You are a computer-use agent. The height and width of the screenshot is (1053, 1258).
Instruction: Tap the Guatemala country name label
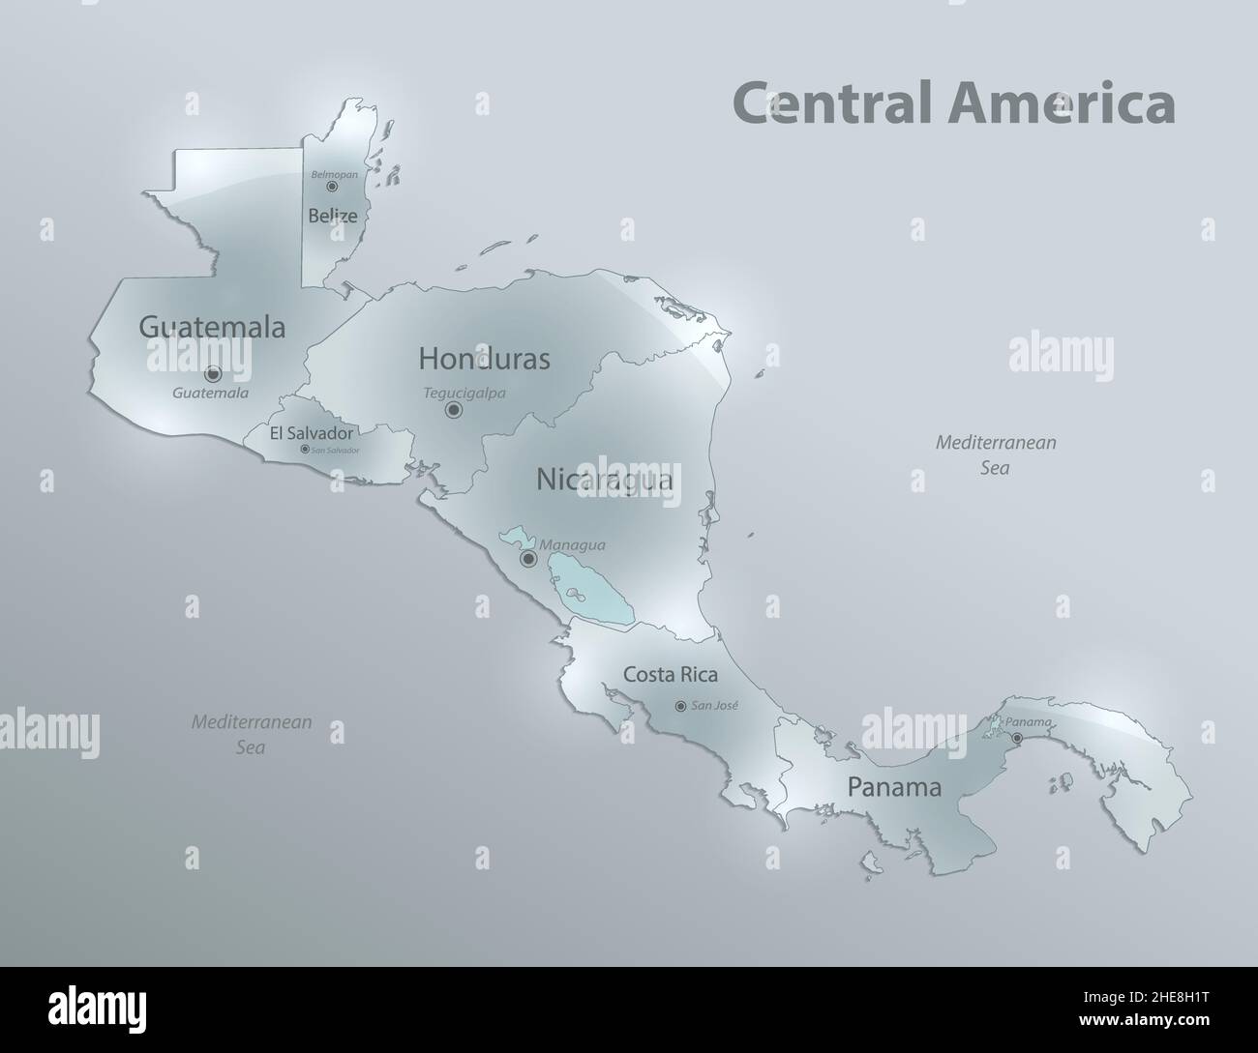[x=212, y=327]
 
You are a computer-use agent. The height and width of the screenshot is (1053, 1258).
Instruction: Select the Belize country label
[x=333, y=216]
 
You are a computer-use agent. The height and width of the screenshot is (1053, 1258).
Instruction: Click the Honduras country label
[x=484, y=359]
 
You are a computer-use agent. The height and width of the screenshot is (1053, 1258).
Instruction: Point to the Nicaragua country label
[x=605, y=479]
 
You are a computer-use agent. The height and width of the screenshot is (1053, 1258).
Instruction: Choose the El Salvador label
[x=311, y=433]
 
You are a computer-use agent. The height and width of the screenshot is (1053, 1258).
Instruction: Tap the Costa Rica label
[x=670, y=674]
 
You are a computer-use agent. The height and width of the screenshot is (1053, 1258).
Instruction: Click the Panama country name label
[x=894, y=787]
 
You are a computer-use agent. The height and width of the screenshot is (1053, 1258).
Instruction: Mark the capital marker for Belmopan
[x=331, y=187]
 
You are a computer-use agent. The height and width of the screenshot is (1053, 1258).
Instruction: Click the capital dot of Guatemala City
[x=213, y=373]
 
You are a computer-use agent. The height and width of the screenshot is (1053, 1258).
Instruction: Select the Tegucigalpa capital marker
[x=453, y=410]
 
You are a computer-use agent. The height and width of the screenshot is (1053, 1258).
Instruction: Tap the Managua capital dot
[x=528, y=559]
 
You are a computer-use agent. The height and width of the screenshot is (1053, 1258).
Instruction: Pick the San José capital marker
[x=680, y=706]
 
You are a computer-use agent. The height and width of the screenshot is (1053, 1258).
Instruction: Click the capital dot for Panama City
[x=1016, y=739]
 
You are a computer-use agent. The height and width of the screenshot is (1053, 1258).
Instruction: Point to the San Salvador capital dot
[x=305, y=449]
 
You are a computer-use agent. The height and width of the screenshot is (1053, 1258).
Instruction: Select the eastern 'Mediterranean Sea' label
[x=995, y=454]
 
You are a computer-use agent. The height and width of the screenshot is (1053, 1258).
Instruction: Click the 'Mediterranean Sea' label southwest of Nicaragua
[x=251, y=734]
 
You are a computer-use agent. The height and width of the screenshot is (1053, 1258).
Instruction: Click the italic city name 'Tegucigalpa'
[x=464, y=394]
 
